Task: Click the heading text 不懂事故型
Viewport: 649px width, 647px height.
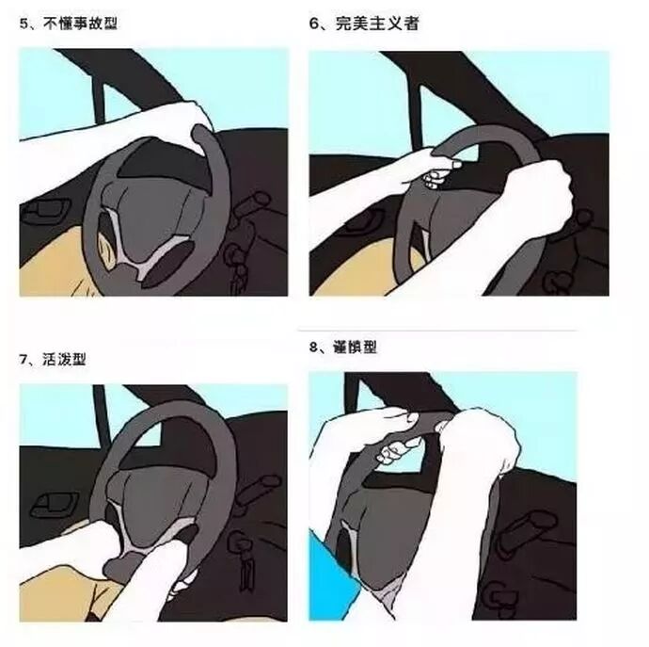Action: [80, 24]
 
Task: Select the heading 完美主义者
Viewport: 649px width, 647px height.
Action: [376, 24]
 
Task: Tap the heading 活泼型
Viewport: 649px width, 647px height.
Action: [64, 359]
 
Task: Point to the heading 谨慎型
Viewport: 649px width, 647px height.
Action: [356, 347]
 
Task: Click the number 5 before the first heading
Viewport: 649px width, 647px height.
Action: [24, 24]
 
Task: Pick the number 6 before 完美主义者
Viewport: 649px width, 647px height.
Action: [314, 24]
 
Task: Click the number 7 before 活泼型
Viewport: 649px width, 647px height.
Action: [24, 360]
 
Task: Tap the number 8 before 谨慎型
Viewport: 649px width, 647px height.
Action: [313, 348]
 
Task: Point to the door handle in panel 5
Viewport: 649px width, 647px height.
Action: [45, 210]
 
